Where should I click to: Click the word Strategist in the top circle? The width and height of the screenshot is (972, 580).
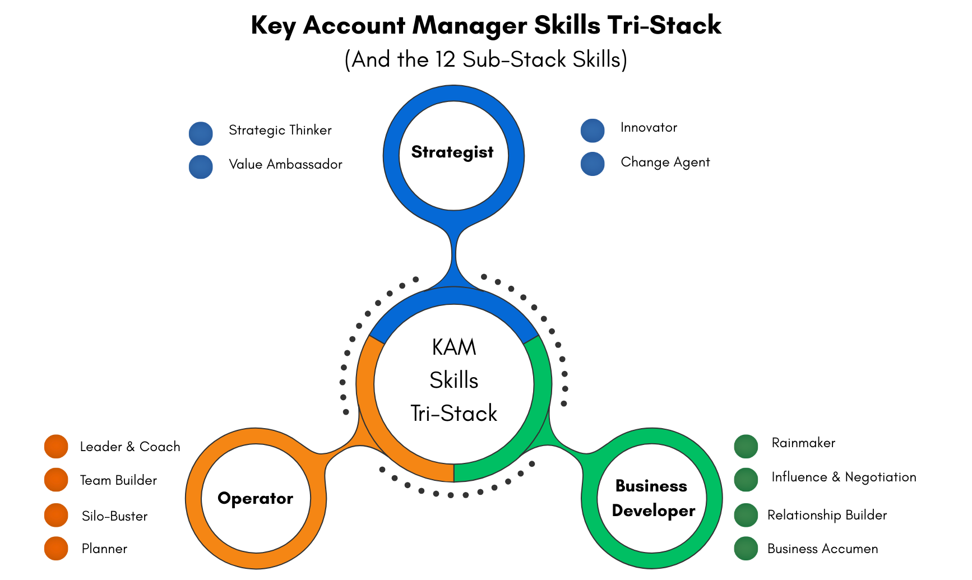point(452,152)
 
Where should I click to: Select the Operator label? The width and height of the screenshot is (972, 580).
point(255,498)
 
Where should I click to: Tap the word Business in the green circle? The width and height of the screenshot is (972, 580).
point(651,486)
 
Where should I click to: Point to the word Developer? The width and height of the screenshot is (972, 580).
point(653,511)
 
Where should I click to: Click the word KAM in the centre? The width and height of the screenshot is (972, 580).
point(453,347)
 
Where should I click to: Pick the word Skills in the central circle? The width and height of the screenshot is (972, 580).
point(453,381)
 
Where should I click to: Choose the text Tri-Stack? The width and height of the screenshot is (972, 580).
point(453,414)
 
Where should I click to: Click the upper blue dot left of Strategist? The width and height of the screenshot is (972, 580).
point(201,134)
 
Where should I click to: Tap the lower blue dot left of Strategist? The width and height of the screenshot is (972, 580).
point(201,167)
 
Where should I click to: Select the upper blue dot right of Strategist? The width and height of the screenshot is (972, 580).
point(593,131)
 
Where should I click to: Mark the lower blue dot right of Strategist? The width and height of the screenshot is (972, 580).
point(593,164)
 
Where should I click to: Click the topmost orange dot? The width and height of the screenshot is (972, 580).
point(56,447)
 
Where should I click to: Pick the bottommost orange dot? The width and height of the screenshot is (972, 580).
point(56,548)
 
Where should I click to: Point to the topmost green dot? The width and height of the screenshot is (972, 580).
point(746,447)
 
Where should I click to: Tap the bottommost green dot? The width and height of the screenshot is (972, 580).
point(746,548)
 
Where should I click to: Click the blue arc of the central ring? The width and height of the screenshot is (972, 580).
point(453,296)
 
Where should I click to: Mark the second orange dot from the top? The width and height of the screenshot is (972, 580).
point(56,480)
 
